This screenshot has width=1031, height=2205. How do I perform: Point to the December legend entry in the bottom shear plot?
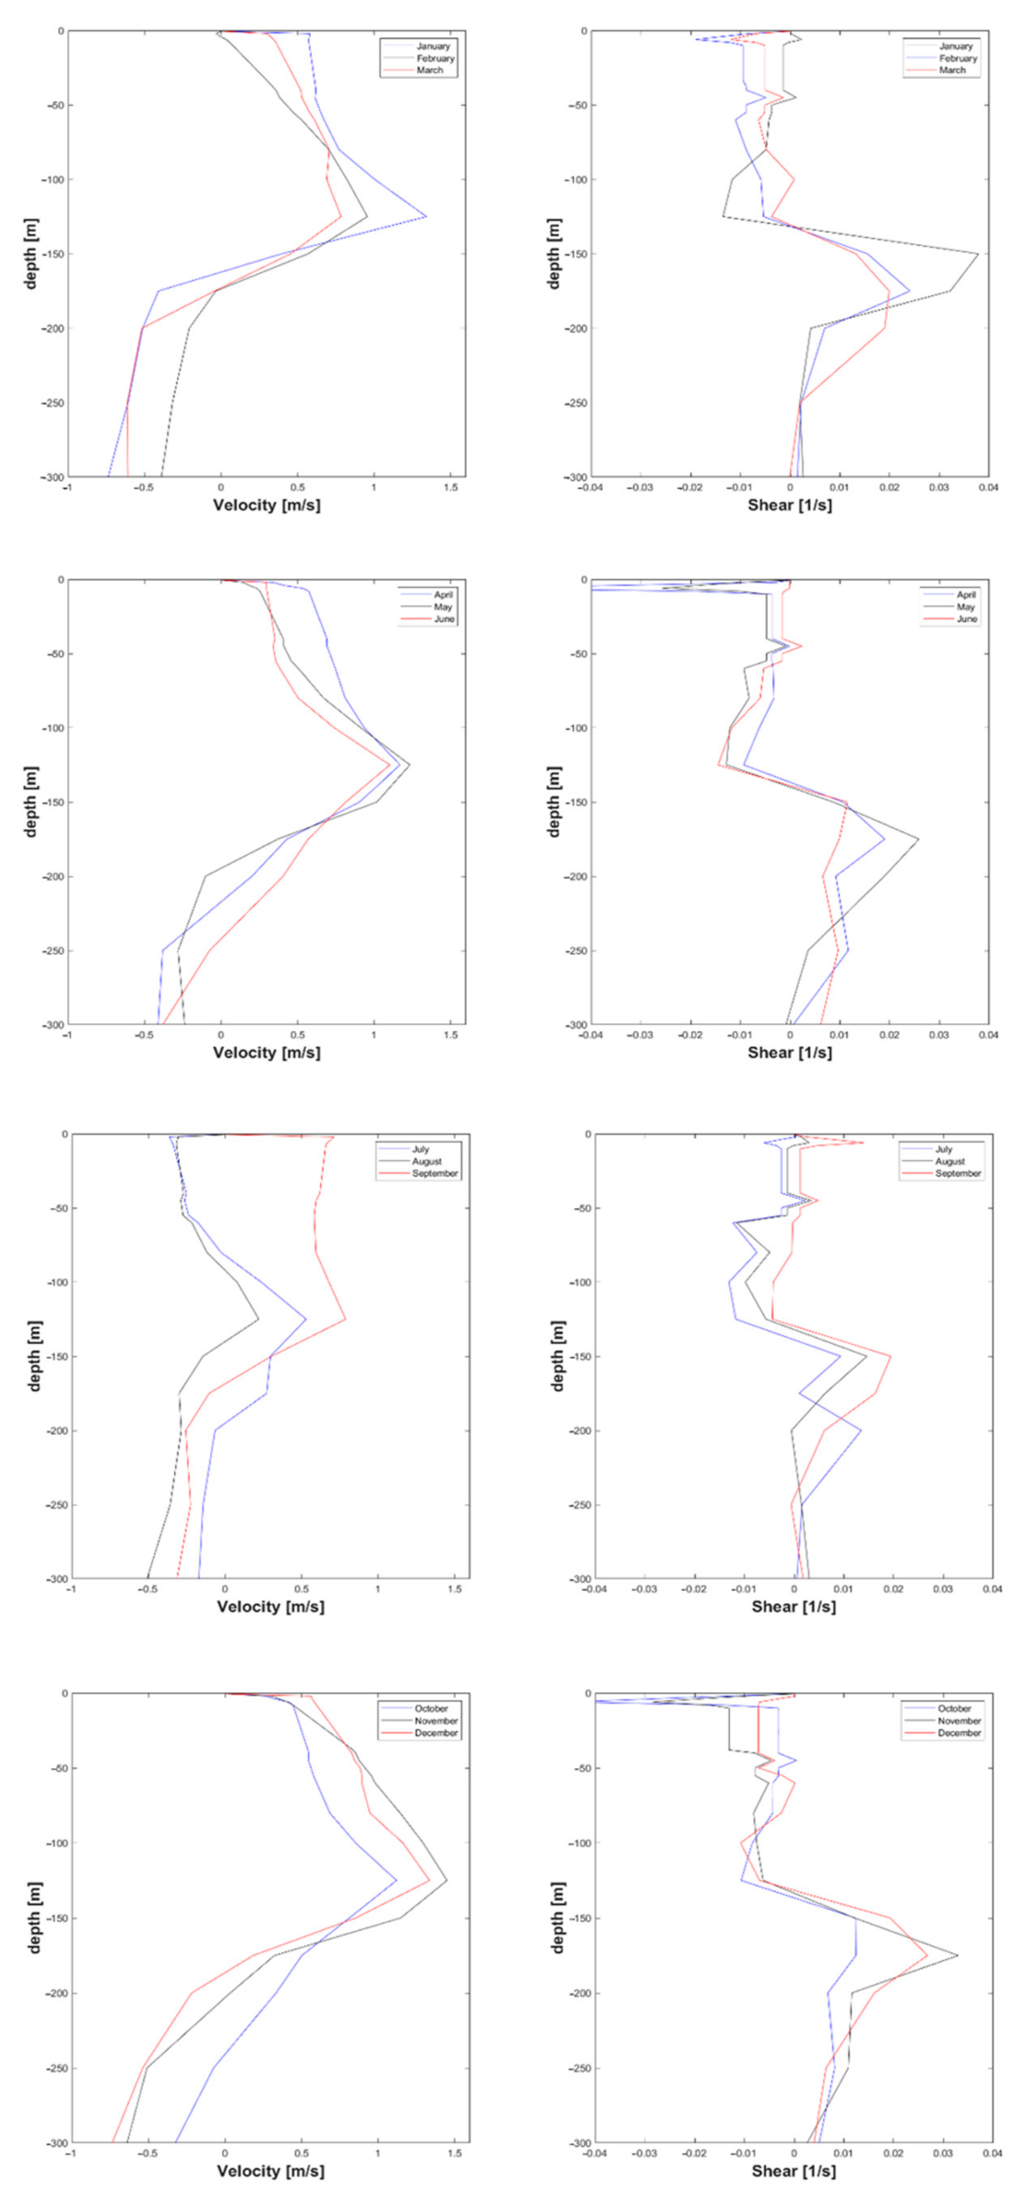pyautogui.click(x=959, y=1732)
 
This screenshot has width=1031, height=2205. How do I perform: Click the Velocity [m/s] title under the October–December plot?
pyautogui.click(x=270, y=2171)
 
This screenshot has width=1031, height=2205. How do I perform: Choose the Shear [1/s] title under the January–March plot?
pyautogui.click(x=789, y=505)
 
